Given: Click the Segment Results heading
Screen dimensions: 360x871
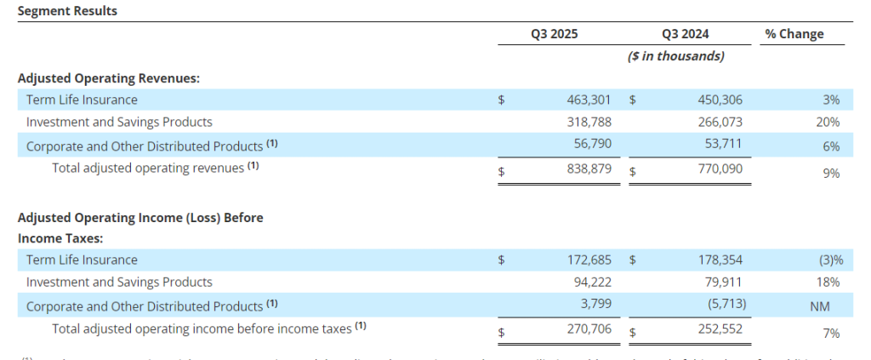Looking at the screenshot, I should point(67,11).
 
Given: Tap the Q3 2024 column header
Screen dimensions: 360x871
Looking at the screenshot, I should point(685,35).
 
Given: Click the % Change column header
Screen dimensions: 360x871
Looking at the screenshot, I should point(794,35).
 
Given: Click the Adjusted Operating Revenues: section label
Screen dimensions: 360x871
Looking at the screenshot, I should point(109,77).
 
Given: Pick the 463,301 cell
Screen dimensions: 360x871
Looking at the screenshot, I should point(589,100).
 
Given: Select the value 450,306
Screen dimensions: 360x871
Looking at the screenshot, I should point(720,100).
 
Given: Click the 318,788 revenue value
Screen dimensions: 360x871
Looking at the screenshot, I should point(589,123).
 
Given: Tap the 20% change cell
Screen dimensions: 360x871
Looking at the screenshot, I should point(831,123).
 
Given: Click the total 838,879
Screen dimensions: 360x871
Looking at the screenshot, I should point(589,169).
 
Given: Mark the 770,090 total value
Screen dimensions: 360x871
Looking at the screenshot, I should point(720,169).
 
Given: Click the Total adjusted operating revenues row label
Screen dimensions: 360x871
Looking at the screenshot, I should point(155,169).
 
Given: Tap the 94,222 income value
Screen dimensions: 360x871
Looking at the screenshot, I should point(593,283).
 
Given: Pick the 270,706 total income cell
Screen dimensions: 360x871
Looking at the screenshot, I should point(589,329).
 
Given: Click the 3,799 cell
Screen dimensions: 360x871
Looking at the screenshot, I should point(597,305).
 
